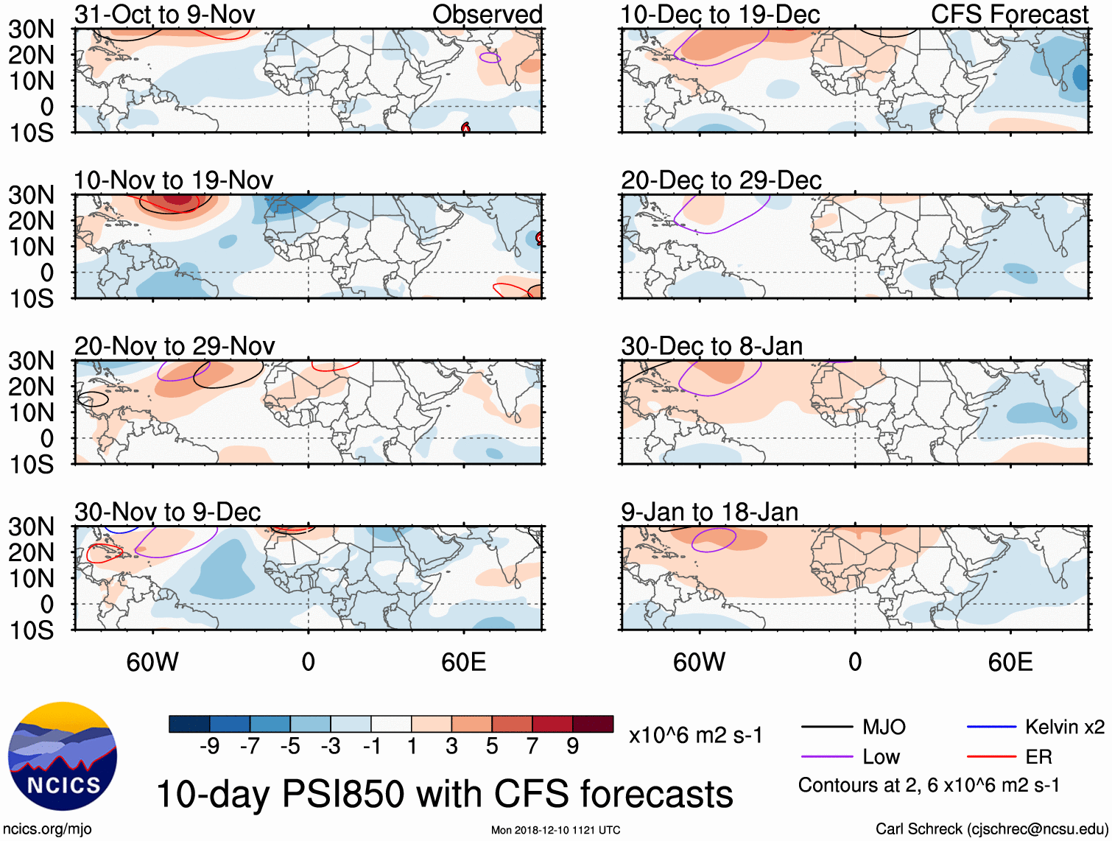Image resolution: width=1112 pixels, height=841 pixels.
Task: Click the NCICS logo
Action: [x=63, y=756]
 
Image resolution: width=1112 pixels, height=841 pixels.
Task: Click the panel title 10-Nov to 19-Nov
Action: [x=173, y=180]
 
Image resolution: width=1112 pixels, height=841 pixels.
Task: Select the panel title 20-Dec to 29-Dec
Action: [x=721, y=180]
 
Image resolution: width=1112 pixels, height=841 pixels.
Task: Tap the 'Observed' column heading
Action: [x=487, y=14]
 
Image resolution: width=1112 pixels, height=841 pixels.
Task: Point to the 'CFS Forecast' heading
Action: [x=1010, y=14]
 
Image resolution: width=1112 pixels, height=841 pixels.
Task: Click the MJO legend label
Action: [x=884, y=728]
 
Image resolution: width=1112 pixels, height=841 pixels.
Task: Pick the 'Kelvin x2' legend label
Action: [x=1064, y=728]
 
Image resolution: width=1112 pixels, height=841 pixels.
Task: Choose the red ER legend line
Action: [x=991, y=756]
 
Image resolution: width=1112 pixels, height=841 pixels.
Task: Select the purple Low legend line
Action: [x=827, y=756]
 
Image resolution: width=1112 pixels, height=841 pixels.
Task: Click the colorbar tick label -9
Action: [x=209, y=747]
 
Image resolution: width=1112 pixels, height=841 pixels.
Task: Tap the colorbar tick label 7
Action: [x=532, y=747]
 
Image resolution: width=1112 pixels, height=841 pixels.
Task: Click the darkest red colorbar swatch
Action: [x=593, y=724]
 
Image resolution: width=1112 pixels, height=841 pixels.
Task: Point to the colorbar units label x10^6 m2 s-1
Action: [x=695, y=735]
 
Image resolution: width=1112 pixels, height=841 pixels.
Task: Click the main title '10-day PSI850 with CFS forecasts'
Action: [x=445, y=795]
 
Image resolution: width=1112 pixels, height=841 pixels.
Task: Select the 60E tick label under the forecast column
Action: [x=1010, y=662]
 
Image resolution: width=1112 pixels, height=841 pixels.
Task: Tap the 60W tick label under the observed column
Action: [x=152, y=662]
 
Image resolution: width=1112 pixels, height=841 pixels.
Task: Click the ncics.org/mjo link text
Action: [x=47, y=829]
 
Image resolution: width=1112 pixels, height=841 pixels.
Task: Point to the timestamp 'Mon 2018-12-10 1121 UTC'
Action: [x=555, y=830]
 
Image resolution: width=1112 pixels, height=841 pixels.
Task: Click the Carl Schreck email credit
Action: [x=991, y=829]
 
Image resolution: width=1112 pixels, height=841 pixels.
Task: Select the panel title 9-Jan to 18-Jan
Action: [x=709, y=512]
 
